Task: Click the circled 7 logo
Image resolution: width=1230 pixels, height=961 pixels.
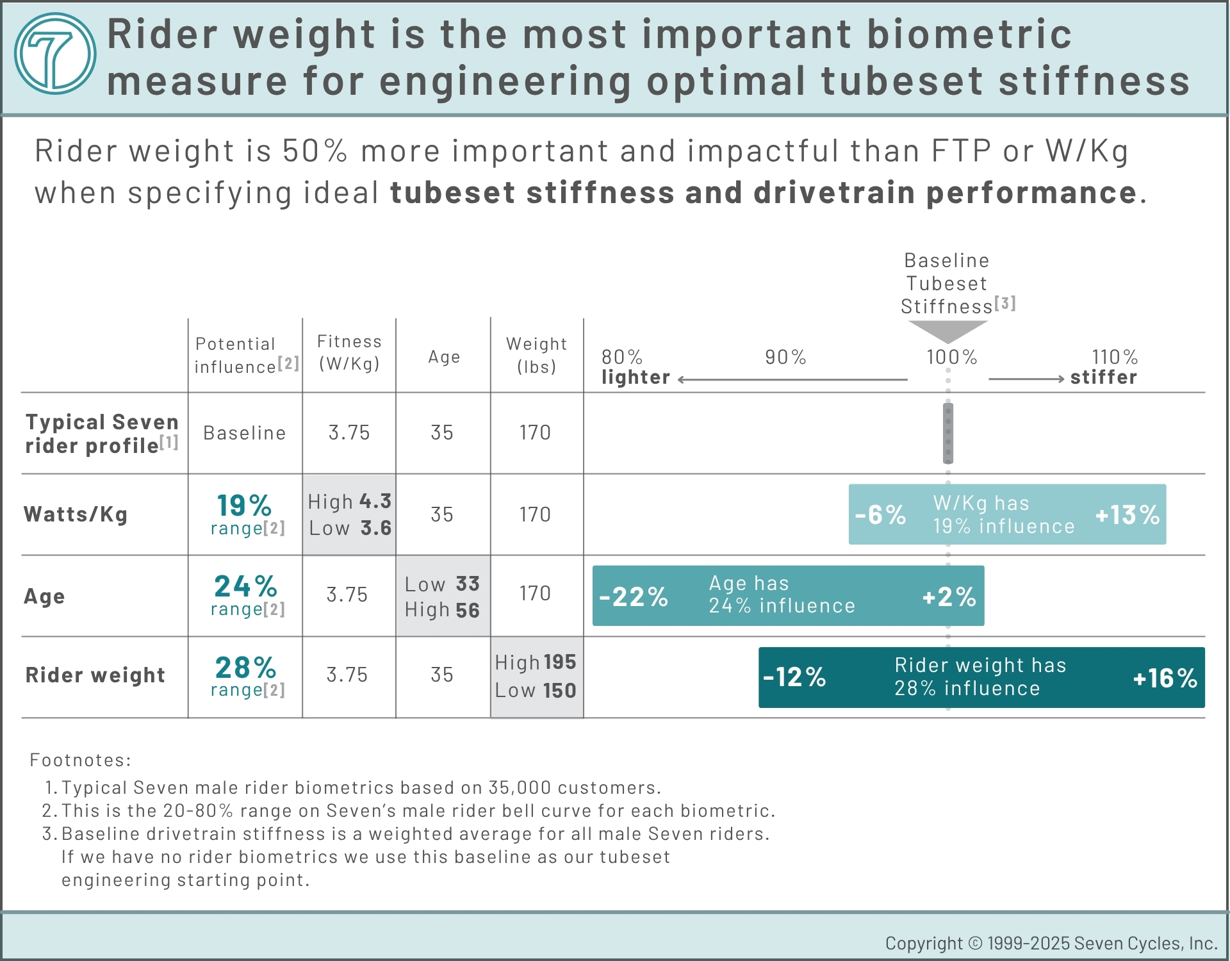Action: (55, 54)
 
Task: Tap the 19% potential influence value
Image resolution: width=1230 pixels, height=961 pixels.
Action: (244, 506)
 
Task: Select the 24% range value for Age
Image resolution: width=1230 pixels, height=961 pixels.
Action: (245, 587)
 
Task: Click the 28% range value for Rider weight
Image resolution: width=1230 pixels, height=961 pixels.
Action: (245, 668)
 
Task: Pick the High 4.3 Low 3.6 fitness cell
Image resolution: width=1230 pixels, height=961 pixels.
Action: (349, 514)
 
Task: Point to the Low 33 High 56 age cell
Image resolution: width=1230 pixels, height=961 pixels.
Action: (443, 596)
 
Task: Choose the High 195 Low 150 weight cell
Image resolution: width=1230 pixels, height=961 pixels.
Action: (536, 677)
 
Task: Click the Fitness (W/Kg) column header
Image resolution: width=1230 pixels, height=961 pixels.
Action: (349, 353)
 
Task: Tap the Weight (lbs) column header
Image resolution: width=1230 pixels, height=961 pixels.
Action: (536, 355)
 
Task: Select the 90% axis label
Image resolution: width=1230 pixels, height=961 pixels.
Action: (785, 357)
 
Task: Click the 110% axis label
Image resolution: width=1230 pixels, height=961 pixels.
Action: (1115, 357)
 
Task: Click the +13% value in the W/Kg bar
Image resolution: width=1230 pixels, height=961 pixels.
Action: (1127, 515)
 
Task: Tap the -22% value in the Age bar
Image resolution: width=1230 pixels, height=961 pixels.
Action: (634, 597)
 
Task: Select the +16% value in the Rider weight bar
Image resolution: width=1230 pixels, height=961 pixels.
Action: (1165, 678)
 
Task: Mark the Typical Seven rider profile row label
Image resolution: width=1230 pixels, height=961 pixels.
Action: (101, 434)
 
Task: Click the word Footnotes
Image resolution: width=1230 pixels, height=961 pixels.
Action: (80, 760)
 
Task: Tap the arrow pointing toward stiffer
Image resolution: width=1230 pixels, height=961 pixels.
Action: (1026, 379)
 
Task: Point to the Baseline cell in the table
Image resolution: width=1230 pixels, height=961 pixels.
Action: (244, 433)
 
